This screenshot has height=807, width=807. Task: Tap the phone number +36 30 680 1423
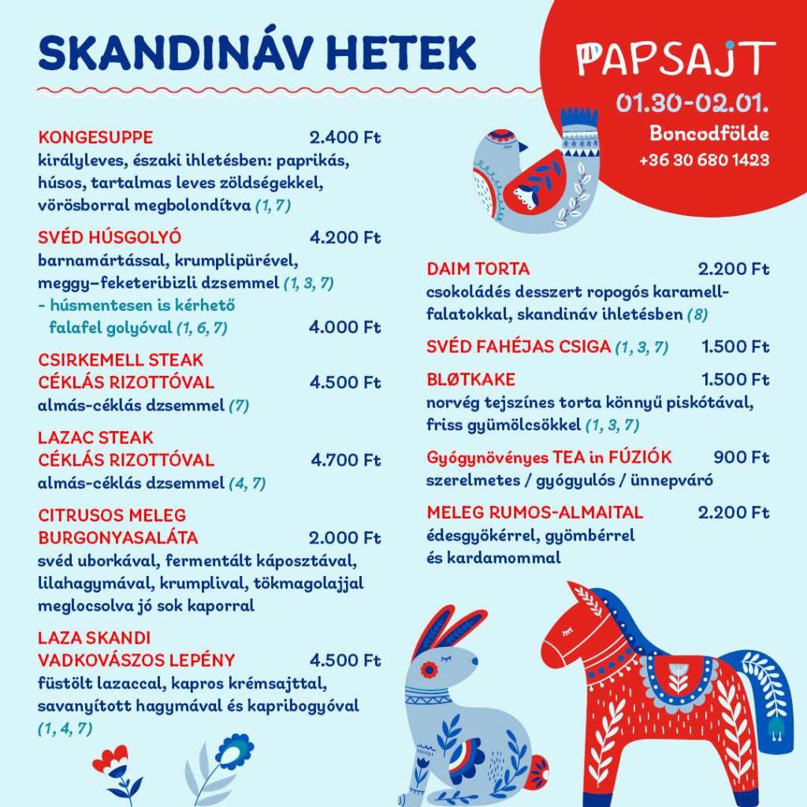pyautogui.click(x=704, y=160)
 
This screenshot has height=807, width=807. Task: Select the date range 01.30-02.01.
pyautogui.click(x=692, y=103)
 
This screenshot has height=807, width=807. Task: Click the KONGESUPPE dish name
pyautogui.click(x=95, y=137)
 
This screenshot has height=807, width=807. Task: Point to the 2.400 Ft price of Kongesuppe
pyautogui.click(x=345, y=137)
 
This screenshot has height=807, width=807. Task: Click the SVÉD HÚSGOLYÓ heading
pyautogui.click(x=110, y=236)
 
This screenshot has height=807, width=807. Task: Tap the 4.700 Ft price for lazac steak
pyautogui.click(x=345, y=459)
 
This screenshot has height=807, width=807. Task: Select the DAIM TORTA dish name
pyautogui.click(x=478, y=269)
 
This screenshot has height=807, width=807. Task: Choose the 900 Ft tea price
pyautogui.click(x=741, y=457)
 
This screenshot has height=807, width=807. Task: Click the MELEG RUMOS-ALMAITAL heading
pyautogui.click(x=535, y=512)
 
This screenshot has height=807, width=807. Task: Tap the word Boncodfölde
pyautogui.click(x=708, y=133)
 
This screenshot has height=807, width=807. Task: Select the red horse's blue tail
pyautogui.click(x=769, y=694)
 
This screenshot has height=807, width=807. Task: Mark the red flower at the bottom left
pyautogui.click(x=111, y=760)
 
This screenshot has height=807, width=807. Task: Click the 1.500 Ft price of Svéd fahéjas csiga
pyautogui.click(x=735, y=347)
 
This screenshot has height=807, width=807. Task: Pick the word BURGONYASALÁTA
pyautogui.click(x=118, y=537)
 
